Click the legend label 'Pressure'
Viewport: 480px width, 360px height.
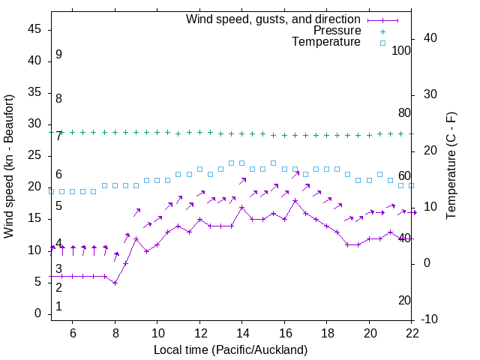point(337,31)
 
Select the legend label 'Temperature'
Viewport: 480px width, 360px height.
point(326,42)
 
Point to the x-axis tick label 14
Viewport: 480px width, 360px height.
point(242,332)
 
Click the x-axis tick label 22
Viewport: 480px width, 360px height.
point(412,332)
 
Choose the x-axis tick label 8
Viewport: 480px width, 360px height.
point(115,332)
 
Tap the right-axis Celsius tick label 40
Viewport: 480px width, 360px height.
point(430,38)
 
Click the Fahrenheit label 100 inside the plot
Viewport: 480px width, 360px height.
point(401,50)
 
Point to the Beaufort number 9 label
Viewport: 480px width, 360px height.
point(58,55)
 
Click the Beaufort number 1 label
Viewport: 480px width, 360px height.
point(58,307)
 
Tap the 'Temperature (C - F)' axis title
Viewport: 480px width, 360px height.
point(451,166)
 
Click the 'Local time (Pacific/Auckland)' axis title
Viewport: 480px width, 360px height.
point(231,349)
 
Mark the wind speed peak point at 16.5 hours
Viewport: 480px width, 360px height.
point(295,200)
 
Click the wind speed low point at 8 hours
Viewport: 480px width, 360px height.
point(115,283)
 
